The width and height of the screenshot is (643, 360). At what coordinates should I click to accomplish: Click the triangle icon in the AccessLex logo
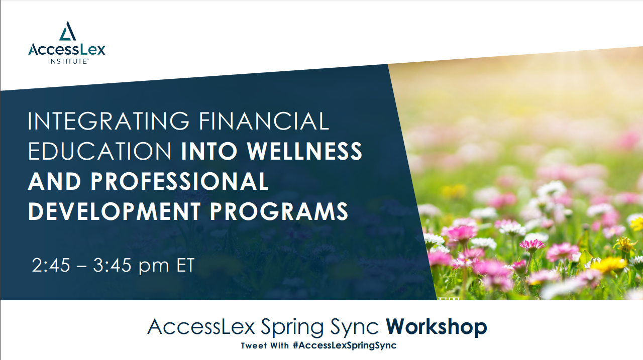click(67, 31)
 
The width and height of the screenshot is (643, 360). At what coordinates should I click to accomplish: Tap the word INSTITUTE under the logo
click(68, 61)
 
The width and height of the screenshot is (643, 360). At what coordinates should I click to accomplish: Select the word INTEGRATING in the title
click(109, 121)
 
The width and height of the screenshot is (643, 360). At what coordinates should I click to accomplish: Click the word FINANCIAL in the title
click(264, 121)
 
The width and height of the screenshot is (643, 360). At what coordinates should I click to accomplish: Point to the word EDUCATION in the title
click(99, 151)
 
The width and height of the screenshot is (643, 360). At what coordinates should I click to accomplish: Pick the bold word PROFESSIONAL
click(179, 181)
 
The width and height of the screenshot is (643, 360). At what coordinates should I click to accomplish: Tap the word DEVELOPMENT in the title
click(114, 211)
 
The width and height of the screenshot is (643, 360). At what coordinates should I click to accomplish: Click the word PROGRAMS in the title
click(279, 211)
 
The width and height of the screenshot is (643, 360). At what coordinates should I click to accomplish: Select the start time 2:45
click(51, 265)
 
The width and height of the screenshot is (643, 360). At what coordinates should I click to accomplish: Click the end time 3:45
click(112, 265)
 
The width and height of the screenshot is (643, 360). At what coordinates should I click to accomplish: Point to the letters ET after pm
click(185, 265)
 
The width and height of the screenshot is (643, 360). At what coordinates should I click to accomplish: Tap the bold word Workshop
click(437, 326)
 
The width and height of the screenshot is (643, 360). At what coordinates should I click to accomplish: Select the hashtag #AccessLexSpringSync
click(345, 345)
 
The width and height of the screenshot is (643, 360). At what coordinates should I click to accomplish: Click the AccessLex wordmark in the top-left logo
click(67, 49)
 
